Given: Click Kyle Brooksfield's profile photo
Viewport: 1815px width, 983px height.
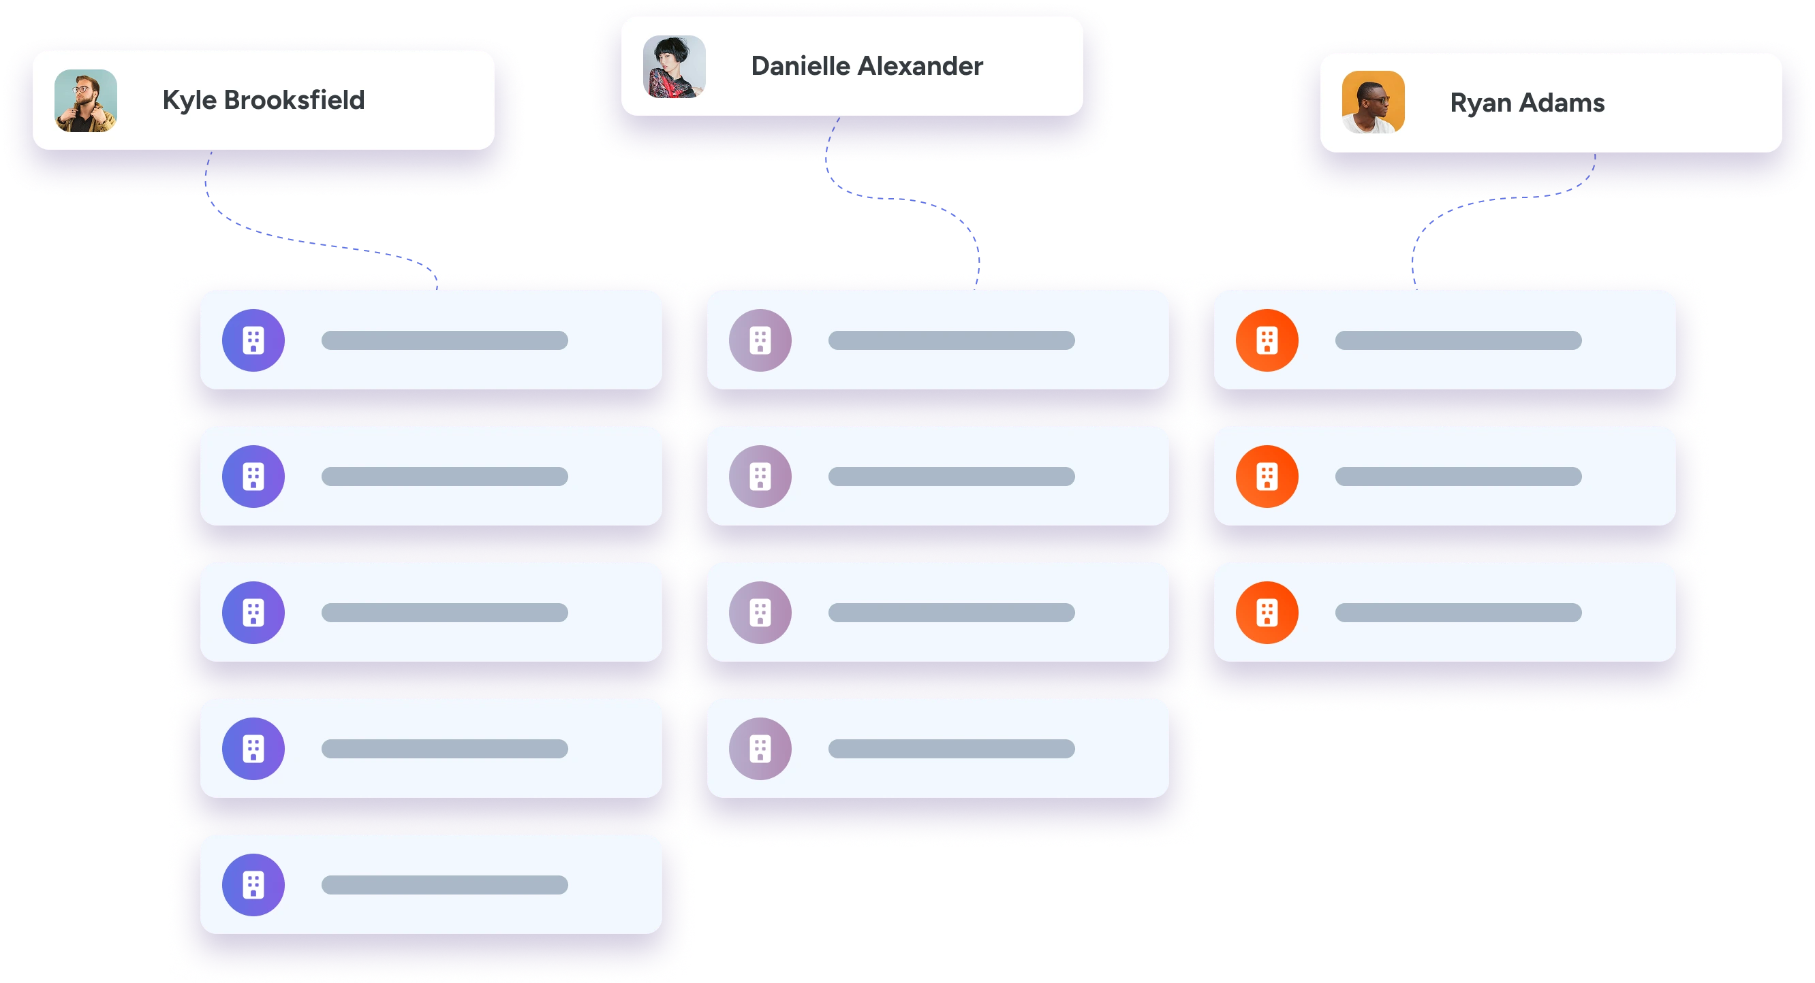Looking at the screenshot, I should pos(86,100).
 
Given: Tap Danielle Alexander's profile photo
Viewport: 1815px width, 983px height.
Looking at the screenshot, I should pos(674,66).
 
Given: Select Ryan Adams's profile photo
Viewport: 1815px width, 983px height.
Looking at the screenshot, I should pos(1374,102).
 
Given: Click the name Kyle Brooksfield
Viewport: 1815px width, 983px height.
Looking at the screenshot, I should pos(264,100).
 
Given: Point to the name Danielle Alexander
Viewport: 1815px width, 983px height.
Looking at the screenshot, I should pos(867,66).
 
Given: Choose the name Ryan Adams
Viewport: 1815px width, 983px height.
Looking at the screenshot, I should pos(1527,103).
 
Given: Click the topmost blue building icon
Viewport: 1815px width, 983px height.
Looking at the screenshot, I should pos(253,340).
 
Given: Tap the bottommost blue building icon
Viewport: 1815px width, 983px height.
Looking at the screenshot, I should pos(253,884).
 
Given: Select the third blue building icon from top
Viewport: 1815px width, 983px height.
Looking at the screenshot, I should pos(253,613).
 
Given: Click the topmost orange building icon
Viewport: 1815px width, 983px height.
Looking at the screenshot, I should pos(1267,340).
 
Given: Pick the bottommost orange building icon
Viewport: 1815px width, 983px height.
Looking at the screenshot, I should pos(1267,613).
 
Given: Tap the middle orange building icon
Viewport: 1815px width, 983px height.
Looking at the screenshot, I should pos(1267,477).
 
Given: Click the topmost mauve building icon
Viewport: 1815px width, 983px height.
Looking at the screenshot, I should pos(760,340).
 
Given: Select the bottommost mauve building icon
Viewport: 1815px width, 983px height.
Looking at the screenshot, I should pos(760,749).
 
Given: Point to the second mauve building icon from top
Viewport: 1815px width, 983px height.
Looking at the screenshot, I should pos(760,477).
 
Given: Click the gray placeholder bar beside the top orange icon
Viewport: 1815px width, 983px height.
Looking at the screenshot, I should pos(1458,340).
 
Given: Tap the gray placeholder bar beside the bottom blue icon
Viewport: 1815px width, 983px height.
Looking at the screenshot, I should pos(445,884).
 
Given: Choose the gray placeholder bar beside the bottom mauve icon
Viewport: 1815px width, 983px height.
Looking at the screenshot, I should pos(951,749).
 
